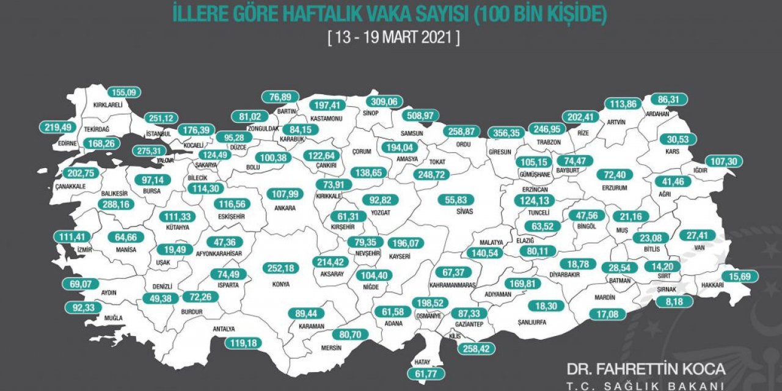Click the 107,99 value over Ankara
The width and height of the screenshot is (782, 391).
pyautogui.click(x=286, y=194)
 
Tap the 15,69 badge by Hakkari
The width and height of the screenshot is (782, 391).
pyautogui.click(x=739, y=277)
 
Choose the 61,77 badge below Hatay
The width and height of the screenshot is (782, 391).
pyautogui.click(x=425, y=373)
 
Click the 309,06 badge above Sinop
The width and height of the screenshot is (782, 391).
pyautogui.click(x=384, y=102)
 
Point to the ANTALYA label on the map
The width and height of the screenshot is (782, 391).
pyautogui.click(x=224, y=329)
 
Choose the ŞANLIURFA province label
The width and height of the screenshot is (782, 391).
pyautogui.click(x=531, y=322)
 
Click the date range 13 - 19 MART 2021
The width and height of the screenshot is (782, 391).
pyautogui.click(x=393, y=37)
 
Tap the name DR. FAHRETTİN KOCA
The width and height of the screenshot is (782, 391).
pyautogui.click(x=646, y=369)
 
